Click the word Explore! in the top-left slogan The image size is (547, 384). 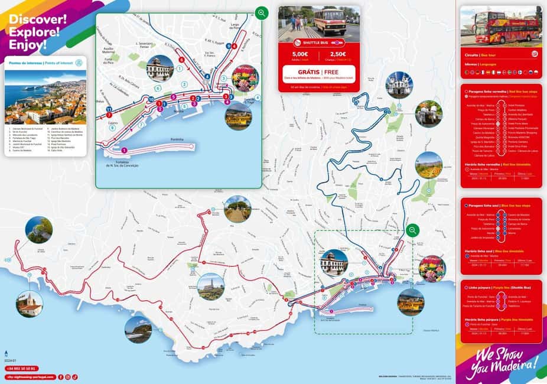pyautogui.click(x=34, y=32)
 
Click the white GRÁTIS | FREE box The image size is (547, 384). pyautogui.click(x=318, y=74)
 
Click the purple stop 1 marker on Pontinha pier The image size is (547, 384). pyautogui.click(x=124, y=151)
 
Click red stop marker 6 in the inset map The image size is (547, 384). pyautogui.click(x=181, y=60)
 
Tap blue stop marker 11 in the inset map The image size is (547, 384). pyautogui.click(x=109, y=109)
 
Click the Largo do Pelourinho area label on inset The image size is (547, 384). pyautogui.click(x=237, y=26)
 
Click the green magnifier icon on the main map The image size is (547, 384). pyautogui.click(x=412, y=230)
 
